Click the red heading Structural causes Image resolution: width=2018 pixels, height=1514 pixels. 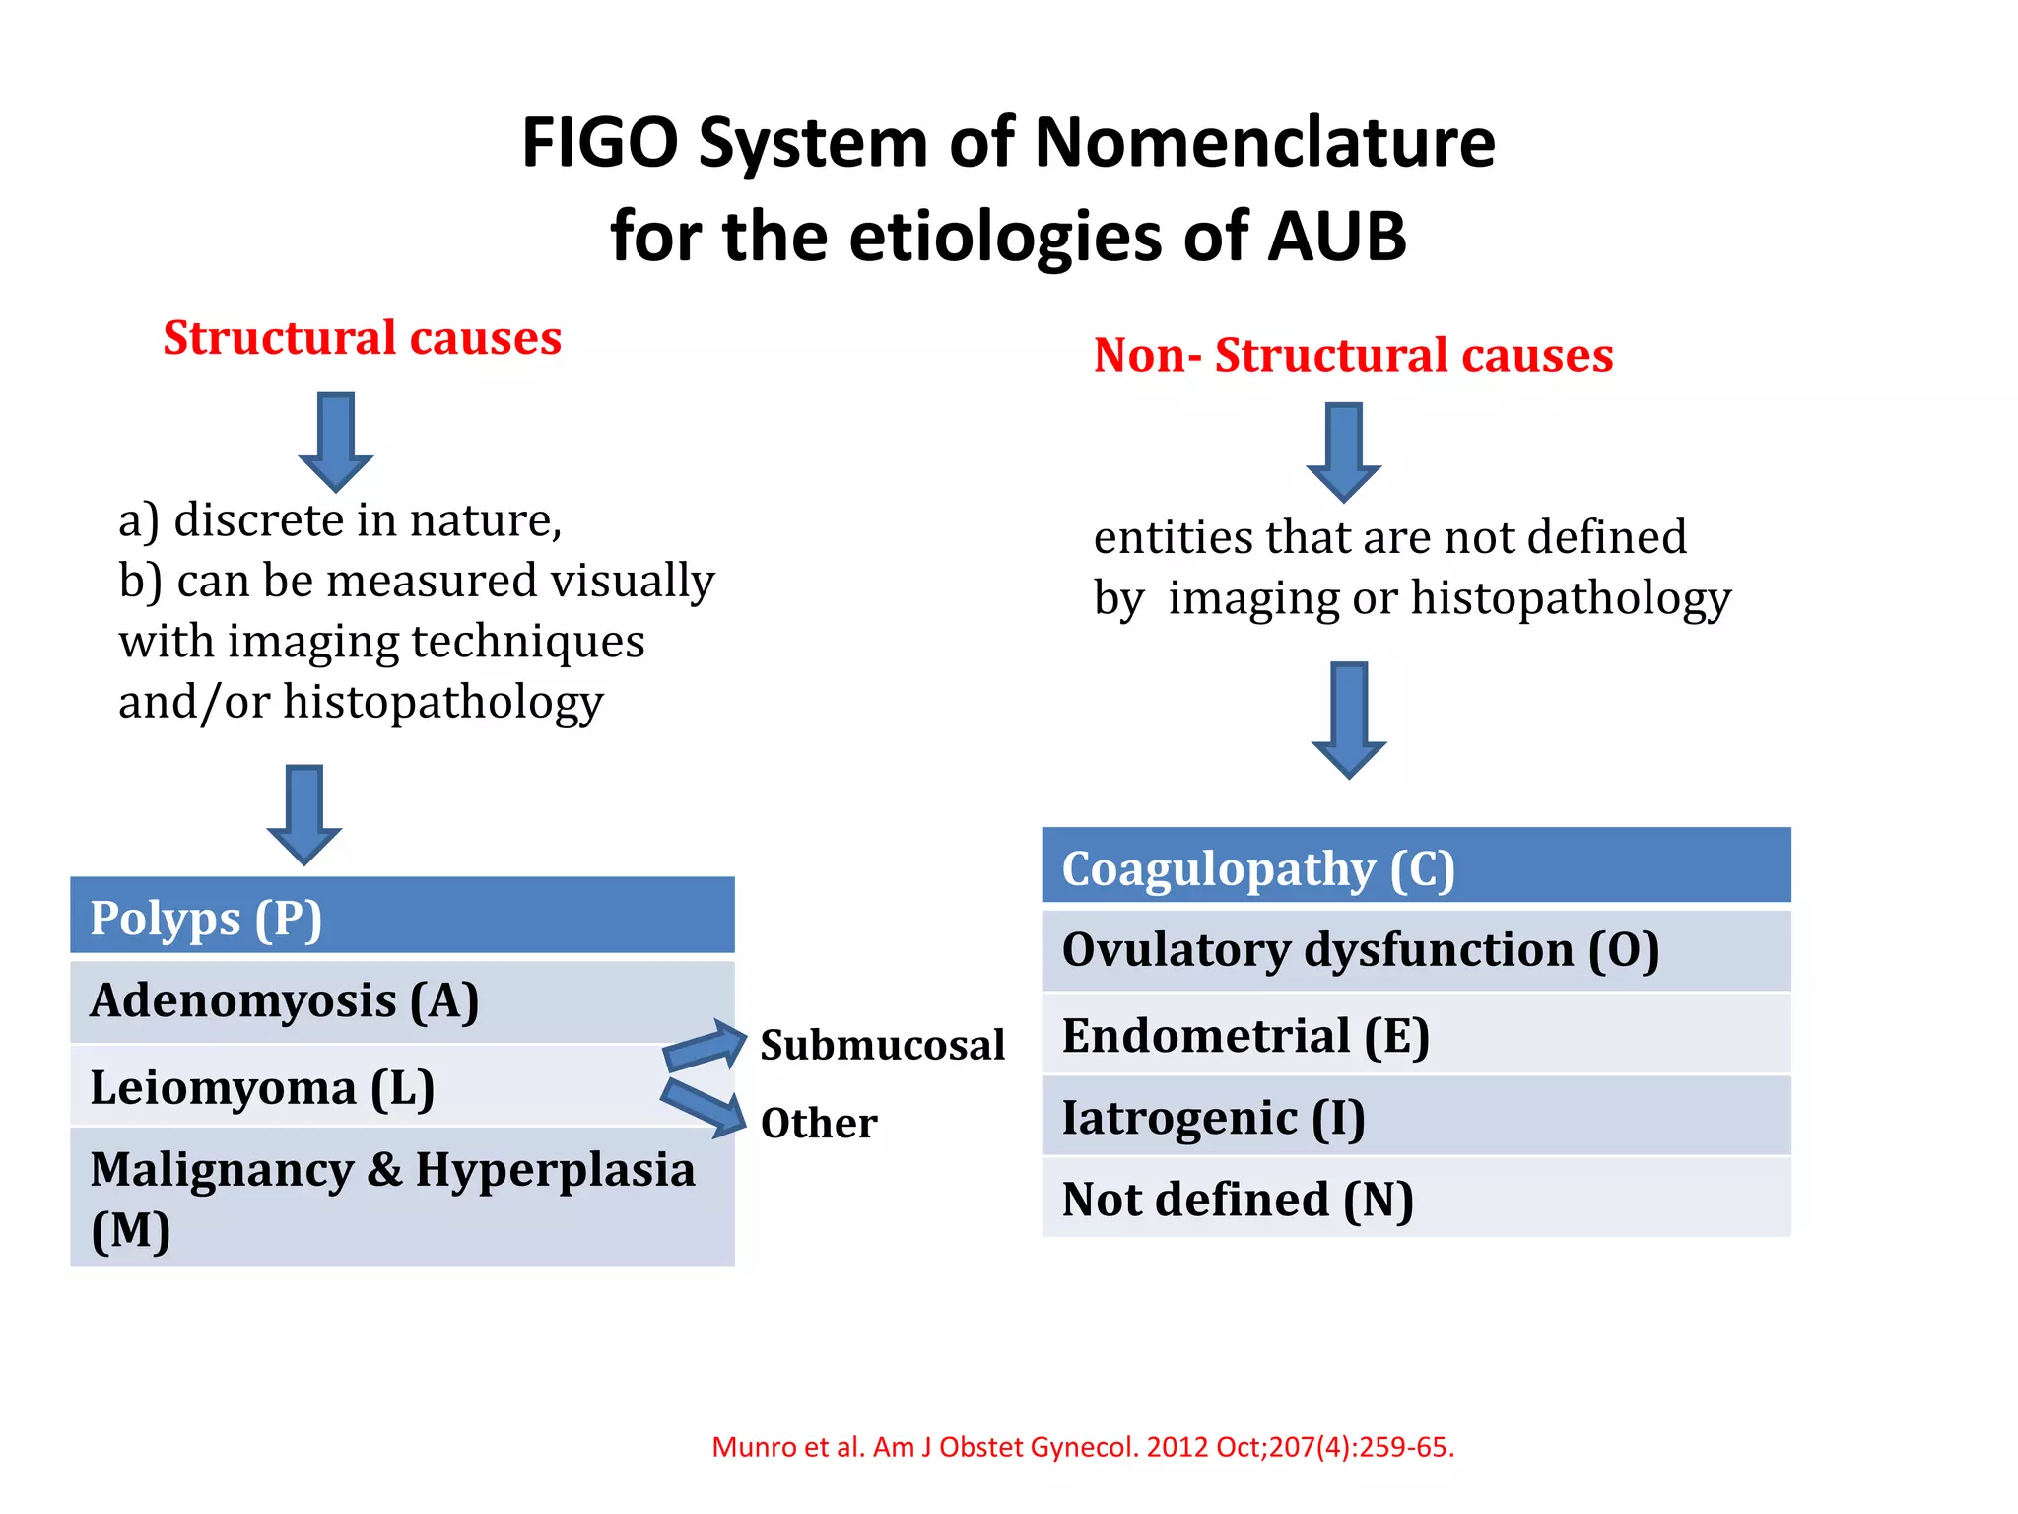click(362, 338)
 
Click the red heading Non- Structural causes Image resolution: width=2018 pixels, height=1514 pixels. click(1353, 355)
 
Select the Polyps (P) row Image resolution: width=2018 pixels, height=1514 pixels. click(402, 917)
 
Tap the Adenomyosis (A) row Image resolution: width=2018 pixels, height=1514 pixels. click(402, 1000)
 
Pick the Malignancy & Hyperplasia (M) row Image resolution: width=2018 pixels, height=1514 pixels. click(402, 1197)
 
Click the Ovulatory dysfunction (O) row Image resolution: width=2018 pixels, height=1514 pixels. click(1416, 950)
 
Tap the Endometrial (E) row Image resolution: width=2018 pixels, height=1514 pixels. click(1416, 1035)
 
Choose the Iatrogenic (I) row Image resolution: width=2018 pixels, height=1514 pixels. click(1416, 1117)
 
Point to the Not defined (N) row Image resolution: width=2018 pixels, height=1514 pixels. click(1416, 1199)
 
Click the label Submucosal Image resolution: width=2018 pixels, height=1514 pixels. click(882, 1045)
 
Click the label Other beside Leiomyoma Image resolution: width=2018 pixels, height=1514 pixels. click(819, 1123)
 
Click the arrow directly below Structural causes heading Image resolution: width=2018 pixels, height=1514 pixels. click(336, 441)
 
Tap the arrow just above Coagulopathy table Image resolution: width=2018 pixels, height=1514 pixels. click(1349, 720)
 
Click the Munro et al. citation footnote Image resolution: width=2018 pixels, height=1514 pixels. click(1082, 1447)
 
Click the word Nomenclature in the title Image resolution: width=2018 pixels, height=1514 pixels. click(1265, 143)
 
